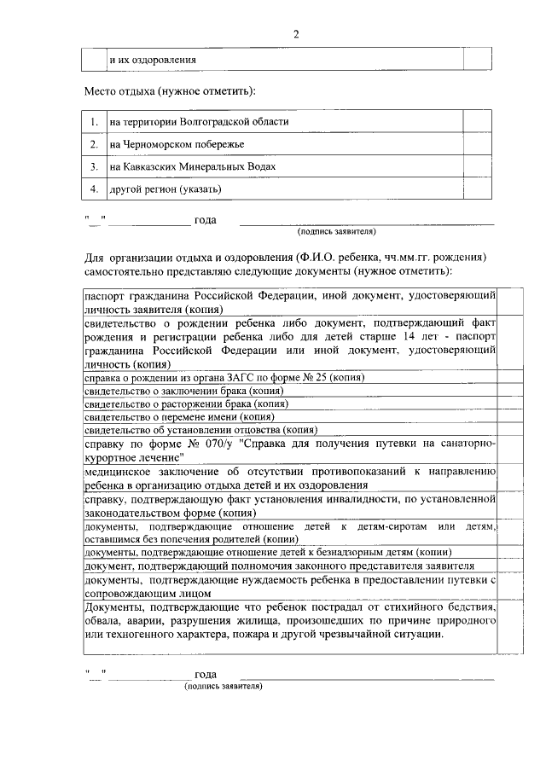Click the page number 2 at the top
pos(296,34)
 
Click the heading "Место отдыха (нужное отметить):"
pos(169,90)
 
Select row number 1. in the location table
pos(94,122)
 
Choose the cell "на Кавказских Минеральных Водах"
pos(193,166)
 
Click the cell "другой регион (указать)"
pos(166,189)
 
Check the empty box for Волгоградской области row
pos(476,122)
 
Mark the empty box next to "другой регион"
pos(476,189)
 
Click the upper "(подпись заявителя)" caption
pos(337,231)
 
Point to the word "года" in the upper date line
pos(206,220)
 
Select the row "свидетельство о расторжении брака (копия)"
pos(186,403)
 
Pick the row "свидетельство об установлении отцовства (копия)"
pos(200,431)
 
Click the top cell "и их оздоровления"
pos(154,60)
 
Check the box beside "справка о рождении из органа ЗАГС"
pos(510,376)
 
